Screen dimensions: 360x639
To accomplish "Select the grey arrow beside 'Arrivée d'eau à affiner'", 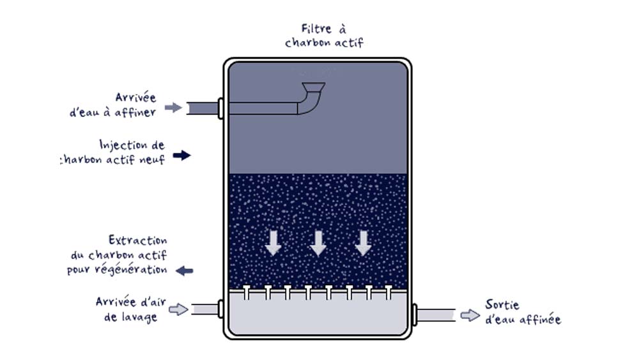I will tap(173, 107).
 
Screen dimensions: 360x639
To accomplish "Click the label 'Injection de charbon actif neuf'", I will tap(115, 152).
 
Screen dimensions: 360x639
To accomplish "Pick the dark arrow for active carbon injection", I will tap(181, 155).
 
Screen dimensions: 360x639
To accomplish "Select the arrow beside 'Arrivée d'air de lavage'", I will tap(179, 309).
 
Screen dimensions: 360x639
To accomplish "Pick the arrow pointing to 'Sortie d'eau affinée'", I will tap(470, 315).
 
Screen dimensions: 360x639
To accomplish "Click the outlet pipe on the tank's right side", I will tap(436, 315).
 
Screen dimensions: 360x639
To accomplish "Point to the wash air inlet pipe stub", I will tap(204, 309).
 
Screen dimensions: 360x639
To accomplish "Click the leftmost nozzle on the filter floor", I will tap(247, 292).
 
